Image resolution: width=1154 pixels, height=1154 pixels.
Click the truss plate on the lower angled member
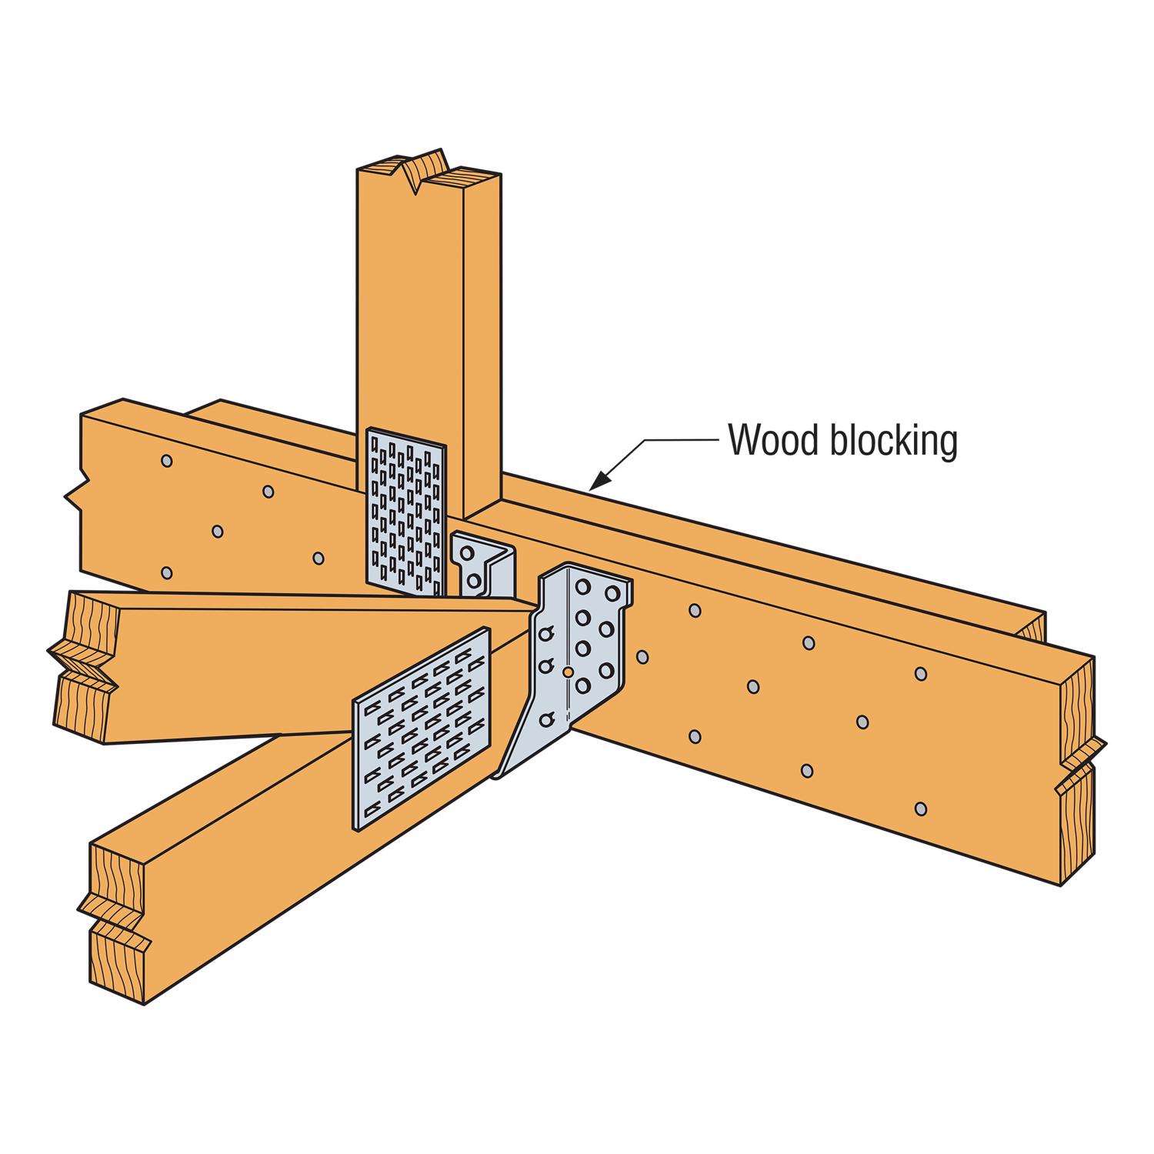421,729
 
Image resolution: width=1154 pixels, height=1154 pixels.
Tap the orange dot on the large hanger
567,671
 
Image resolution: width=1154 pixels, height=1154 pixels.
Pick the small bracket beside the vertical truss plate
482,564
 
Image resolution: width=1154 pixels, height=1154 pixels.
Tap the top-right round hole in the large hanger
613,593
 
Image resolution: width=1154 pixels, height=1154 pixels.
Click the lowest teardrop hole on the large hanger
547,719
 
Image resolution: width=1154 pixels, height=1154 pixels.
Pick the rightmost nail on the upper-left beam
319,556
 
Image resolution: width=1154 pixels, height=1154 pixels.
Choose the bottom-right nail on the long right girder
922,809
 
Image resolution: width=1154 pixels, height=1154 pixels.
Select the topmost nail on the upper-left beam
166,460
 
